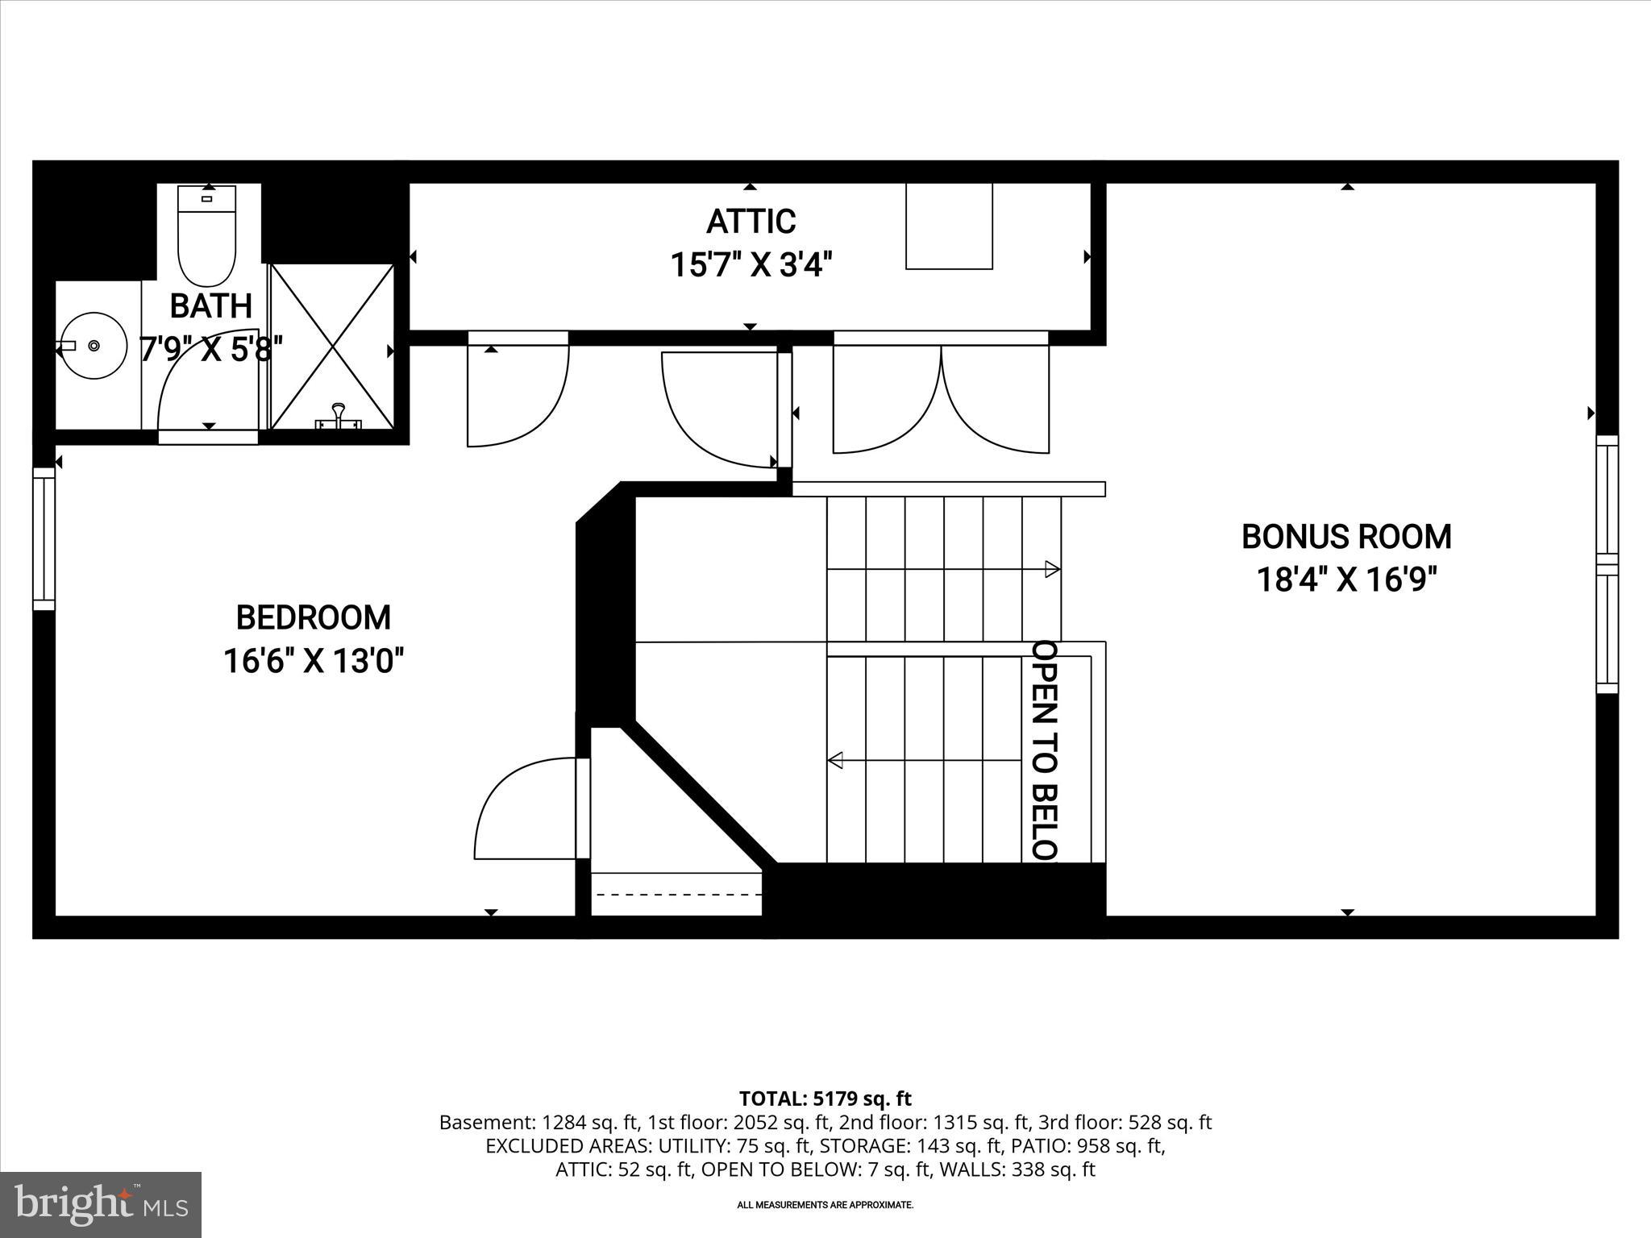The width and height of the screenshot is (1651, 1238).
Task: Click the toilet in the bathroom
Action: [207, 238]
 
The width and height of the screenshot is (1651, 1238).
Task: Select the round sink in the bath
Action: [94, 346]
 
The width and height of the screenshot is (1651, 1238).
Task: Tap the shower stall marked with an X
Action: [331, 346]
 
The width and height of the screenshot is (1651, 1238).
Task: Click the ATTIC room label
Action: [751, 221]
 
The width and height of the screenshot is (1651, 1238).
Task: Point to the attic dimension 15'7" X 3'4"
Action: [751, 264]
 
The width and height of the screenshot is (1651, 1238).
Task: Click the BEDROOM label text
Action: [313, 617]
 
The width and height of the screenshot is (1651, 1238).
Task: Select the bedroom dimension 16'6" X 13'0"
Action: [313, 662]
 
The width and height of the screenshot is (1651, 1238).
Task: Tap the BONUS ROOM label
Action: [1346, 537]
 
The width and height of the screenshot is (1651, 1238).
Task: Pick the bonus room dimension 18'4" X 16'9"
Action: [1346, 580]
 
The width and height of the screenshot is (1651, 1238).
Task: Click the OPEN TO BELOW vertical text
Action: [1045, 750]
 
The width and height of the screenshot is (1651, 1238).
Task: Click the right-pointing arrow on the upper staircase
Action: [1051, 569]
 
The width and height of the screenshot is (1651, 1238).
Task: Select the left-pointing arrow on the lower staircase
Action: [836, 760]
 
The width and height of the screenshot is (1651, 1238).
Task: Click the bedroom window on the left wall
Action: [44, 538]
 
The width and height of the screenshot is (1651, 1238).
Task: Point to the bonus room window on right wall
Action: [1607, 564]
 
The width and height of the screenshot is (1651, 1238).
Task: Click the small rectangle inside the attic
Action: [949, 226]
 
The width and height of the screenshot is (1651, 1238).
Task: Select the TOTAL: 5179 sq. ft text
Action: [825, 1099]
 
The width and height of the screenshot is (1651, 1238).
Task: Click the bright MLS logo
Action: [101, 1205]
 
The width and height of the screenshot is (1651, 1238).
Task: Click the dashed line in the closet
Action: [676, 895]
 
